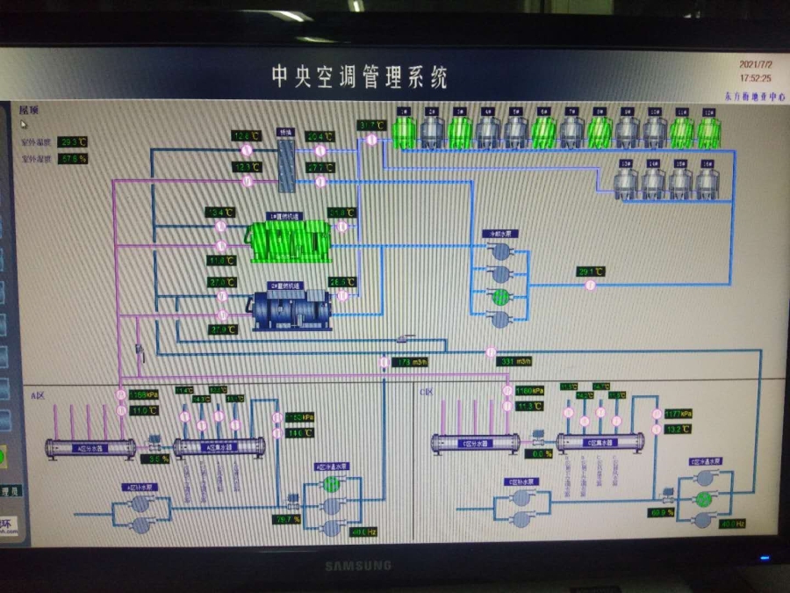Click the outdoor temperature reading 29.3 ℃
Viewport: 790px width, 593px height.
tap(73, 141)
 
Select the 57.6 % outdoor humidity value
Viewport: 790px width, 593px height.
tap(73, 159)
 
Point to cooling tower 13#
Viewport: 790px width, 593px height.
tap(627, 181)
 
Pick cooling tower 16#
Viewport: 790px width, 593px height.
tap(707, 181)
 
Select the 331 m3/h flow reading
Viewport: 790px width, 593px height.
tap(514, 361)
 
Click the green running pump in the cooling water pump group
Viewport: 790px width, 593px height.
tap(500, 297)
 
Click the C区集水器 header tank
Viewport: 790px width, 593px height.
tap(600, 442)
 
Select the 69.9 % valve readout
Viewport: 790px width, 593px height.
tap(661, 512)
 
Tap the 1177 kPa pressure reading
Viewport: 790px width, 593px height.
tap(679, 414)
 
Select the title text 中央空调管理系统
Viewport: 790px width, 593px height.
tap(359, 77)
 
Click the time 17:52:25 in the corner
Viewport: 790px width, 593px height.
tap(754, 78)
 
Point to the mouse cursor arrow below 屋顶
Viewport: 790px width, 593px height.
tap(25, 125)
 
